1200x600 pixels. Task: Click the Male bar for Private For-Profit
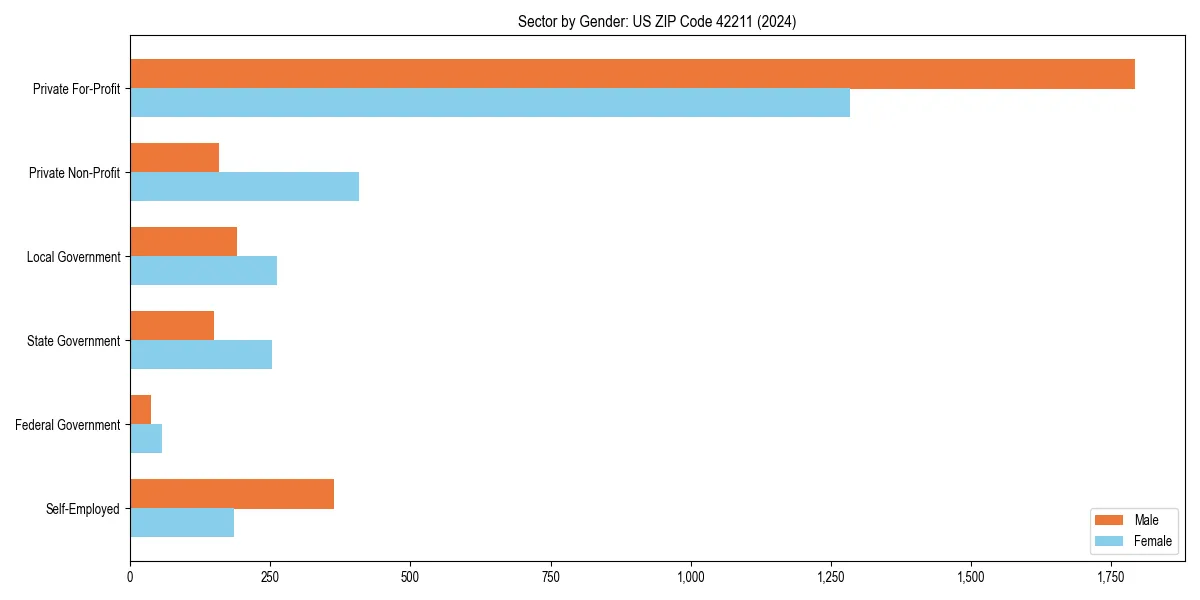632,74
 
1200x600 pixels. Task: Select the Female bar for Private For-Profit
490,103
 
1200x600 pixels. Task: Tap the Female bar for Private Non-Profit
244,187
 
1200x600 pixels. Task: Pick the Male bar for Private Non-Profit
174,158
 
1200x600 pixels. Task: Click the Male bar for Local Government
183,242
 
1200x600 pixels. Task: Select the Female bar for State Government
201,355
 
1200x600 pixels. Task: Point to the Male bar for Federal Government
140,410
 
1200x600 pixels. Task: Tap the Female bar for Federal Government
146,439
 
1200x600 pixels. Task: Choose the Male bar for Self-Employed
232,494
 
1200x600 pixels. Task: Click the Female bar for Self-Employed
182,523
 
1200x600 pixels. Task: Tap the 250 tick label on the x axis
270,577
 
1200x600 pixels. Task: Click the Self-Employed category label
83,509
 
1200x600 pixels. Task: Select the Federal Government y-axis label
68,425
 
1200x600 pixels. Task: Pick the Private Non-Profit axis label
74,173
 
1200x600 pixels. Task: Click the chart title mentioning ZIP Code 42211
657,21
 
